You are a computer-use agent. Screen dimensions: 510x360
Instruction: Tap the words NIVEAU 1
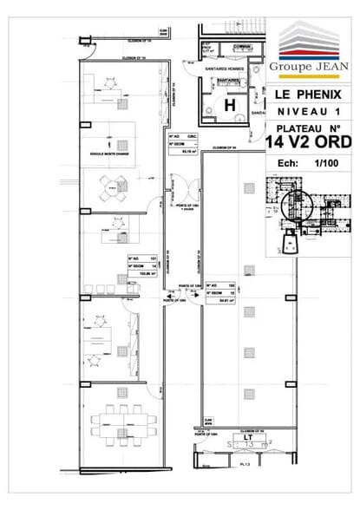311,112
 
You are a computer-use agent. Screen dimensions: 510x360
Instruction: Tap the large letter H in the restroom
230,105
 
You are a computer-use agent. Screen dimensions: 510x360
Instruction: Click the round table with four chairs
111,184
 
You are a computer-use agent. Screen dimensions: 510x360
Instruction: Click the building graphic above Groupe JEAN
311,41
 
